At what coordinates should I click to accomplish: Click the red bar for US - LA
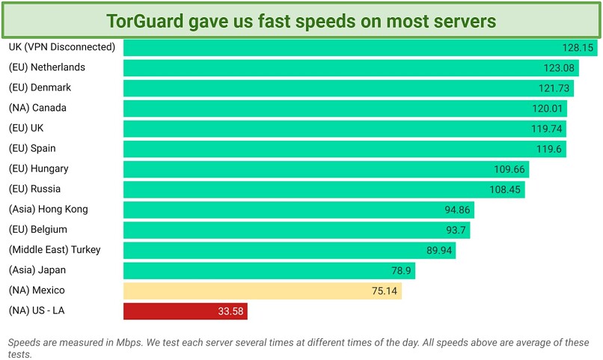click(x=185, y=311)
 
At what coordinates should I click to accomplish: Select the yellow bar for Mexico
click(x=262, y=290)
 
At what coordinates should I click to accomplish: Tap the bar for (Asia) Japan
click(x=269, y=270)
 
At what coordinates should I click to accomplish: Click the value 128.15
click(x=578, y=48)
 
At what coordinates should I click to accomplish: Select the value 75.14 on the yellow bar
click(x=384, y=290)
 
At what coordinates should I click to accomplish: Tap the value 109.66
click(x=510, y=169)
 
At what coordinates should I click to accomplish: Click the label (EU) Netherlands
click(x=46, y=67)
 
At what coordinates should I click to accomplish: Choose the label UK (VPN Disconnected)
click(x=61, y=47)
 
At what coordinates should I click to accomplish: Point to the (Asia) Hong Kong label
click(x=48, y=209)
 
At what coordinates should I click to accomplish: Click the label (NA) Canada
click(x=37, y=108)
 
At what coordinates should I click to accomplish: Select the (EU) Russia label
click(x=34, y=189)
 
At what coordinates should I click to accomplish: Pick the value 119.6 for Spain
click(x=550, y=149)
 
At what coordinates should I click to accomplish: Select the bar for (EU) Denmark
click(x=344, y=88)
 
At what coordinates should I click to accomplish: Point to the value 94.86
click(x=456, y=210)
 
